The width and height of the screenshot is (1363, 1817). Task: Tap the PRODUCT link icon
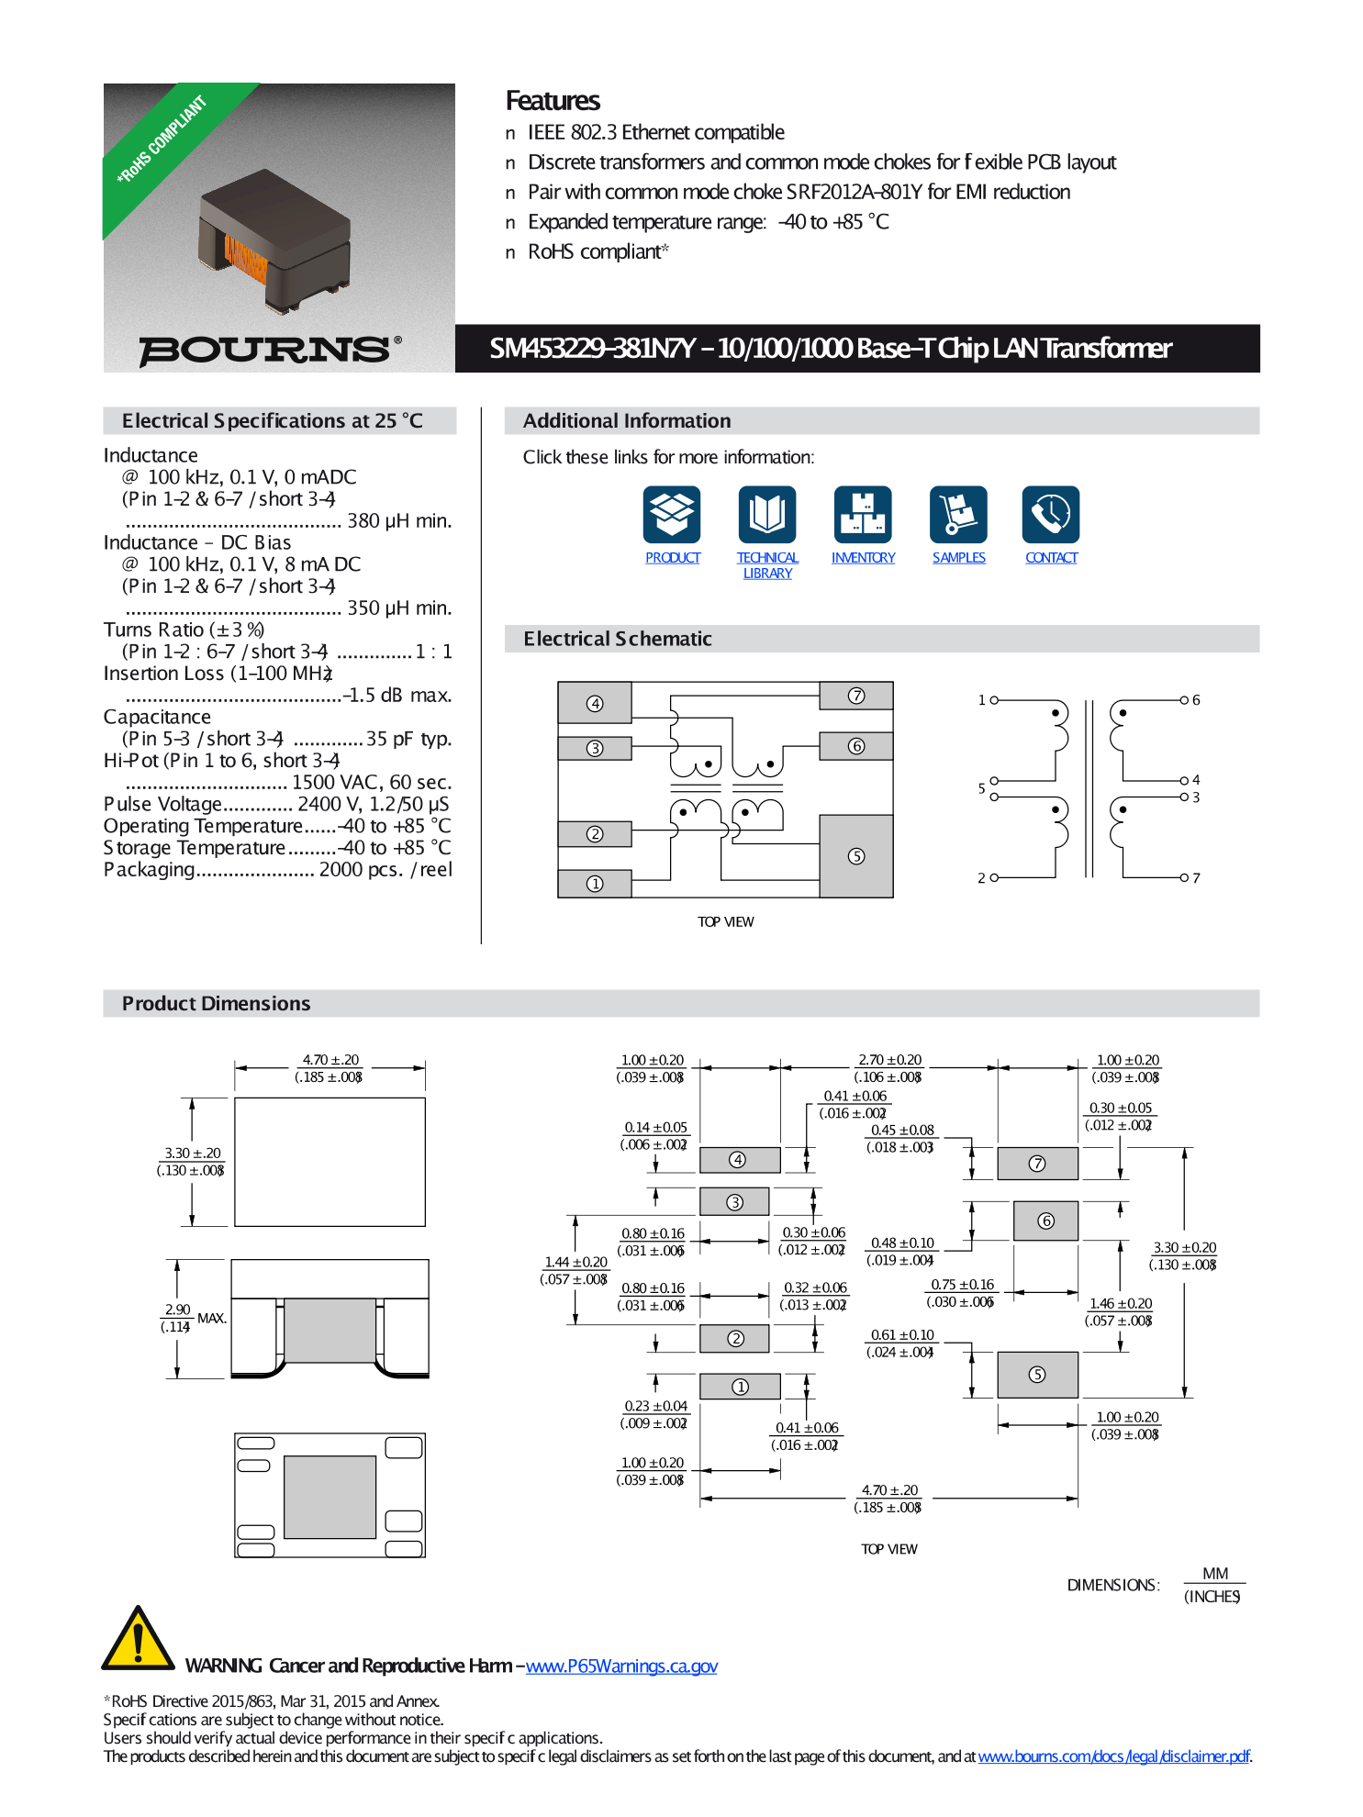672,514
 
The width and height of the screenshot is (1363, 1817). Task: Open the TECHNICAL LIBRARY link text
767,565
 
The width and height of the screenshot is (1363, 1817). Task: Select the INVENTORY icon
863,514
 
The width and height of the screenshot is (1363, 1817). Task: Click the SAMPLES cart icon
958,514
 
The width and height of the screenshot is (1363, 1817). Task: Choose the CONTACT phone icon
1051,514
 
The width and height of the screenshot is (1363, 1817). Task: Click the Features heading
553,101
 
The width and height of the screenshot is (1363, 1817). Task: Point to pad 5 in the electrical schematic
855,855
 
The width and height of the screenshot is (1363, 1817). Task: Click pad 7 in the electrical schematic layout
855,696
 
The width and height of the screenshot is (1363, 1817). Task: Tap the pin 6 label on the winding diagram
1196,700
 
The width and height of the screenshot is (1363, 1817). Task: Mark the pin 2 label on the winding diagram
981,878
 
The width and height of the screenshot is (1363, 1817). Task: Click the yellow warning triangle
138,1641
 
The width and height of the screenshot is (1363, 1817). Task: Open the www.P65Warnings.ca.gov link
621,1667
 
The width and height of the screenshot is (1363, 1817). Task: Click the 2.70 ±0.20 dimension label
889,1060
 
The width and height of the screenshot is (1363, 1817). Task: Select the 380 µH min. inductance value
398,521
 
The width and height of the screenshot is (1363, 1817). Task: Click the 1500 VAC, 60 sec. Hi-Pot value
371,783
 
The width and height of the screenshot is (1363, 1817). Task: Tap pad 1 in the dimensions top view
740,1387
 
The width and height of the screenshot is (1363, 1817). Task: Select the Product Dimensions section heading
217,1003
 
